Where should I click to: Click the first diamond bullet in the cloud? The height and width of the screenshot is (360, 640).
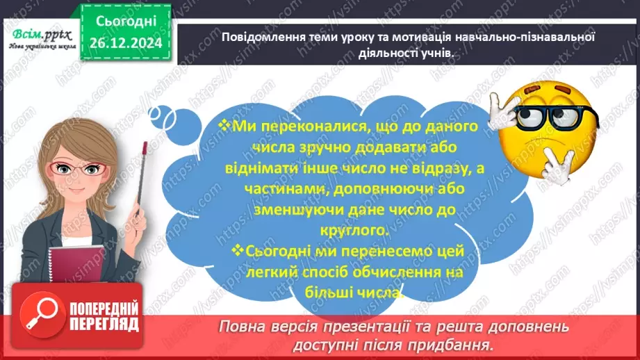223,124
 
